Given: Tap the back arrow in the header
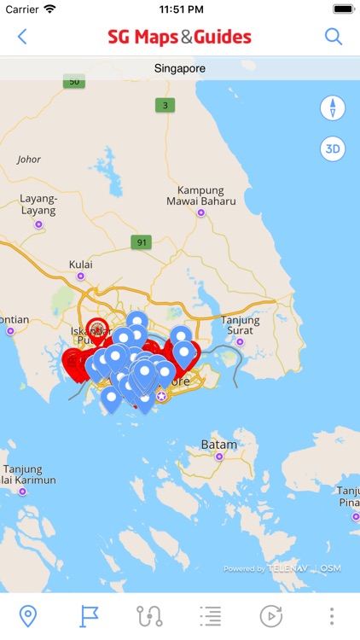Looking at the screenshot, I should coord(22,37).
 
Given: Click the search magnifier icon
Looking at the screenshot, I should coord(334,37).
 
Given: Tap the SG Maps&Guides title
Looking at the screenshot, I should coord(179,37).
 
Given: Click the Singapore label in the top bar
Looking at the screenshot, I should coord(180,68).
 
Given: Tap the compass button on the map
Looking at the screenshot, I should coord(333,108).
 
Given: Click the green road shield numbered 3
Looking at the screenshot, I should coord(164,106).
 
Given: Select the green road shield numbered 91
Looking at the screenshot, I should coord(141,242).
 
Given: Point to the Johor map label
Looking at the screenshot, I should coord(29,160).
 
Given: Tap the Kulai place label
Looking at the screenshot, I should coord(81,265).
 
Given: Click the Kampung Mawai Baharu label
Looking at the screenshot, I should coord(200,195).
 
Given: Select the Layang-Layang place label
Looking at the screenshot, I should coord(38,204).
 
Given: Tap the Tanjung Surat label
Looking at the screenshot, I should coord(240,326).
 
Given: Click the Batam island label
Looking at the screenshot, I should coord(219,445).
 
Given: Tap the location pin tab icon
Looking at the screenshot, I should coord(28,616).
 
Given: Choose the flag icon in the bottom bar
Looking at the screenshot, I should coord(89,616).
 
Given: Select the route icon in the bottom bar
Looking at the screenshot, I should coord(149,616).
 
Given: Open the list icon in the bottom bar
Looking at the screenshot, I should coord(210,616).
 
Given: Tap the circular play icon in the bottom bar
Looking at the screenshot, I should coord(270,616).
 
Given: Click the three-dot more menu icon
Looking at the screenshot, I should coord(332,616).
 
